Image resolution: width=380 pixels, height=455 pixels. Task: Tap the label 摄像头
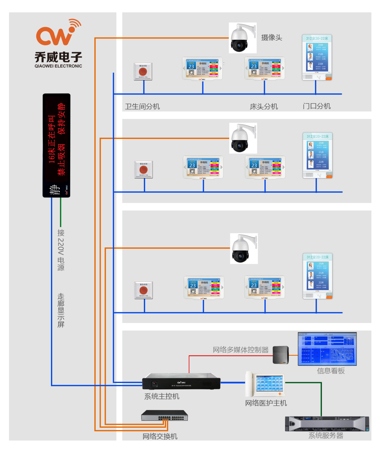[x=272, y=37]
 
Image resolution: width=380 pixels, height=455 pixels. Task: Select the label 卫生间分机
[x=142, y=106]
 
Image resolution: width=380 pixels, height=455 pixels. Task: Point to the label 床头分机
[x=264, y=106]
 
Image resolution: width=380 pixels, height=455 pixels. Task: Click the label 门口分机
[x=316, y=106]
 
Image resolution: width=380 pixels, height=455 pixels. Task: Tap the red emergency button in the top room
[x=143, y=71]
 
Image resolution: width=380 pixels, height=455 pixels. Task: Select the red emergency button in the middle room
[x=144, y=169]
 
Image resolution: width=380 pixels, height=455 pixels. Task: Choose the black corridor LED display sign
[x=56, y=145]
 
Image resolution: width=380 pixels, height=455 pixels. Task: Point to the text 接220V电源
[x=61, y=250]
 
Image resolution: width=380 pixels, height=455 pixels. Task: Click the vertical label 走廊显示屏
[x=61, y=310]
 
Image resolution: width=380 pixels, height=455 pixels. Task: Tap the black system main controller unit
[x=181, y=382]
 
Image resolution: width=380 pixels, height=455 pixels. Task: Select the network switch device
[x=165, y=416]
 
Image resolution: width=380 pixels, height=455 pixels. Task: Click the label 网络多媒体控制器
[x=241, y=350]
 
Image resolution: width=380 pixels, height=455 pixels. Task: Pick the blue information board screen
[x=327, y=349]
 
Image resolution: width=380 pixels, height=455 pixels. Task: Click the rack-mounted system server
[x=327, y=424]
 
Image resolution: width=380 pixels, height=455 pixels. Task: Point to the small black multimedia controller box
[x=281, y=355]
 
